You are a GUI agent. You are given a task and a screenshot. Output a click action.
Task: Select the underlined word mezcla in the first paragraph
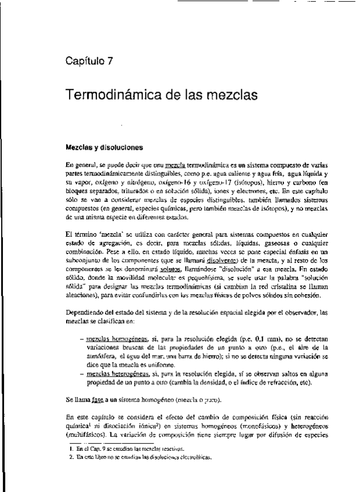coord(174,165)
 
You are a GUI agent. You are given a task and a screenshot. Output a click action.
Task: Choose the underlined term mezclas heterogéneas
coord(118,375)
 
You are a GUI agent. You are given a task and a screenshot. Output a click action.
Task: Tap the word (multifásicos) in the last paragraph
coord(88,433)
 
